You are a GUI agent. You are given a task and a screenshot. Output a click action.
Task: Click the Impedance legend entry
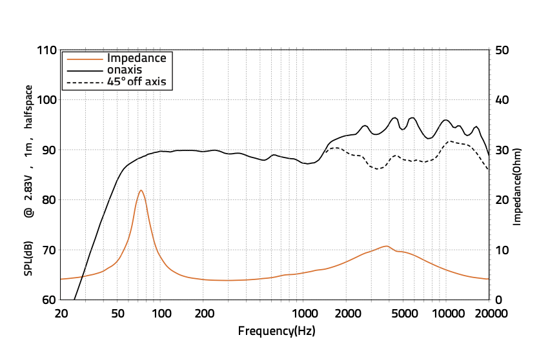click(x=136, y=58)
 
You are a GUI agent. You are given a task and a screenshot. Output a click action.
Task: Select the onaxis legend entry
click(x=125, y=70)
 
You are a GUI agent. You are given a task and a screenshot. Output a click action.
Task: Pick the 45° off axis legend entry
click(x=137, y=81)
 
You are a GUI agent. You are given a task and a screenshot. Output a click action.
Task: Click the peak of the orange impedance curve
click(x=141, y=190)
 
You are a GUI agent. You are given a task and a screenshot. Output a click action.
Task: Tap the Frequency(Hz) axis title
click(x=276, y=331)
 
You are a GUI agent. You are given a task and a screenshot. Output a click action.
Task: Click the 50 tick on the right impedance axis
click(x=502, y=50)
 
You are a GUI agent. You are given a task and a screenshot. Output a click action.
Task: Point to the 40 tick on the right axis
click(x=502, y=100)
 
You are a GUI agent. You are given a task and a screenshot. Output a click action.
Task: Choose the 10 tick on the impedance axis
click(x=502, y=250)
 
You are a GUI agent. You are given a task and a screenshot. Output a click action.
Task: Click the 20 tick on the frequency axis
click(x=61, y=314)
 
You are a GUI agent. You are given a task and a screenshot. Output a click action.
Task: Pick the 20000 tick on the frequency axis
click(x=489, y=314)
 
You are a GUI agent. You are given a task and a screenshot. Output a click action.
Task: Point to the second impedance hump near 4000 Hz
click(x=386, y=247)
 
